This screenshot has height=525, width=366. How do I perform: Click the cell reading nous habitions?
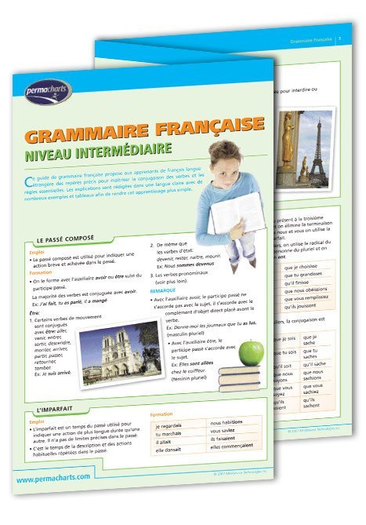pyautogui.click(x=227, y=422)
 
